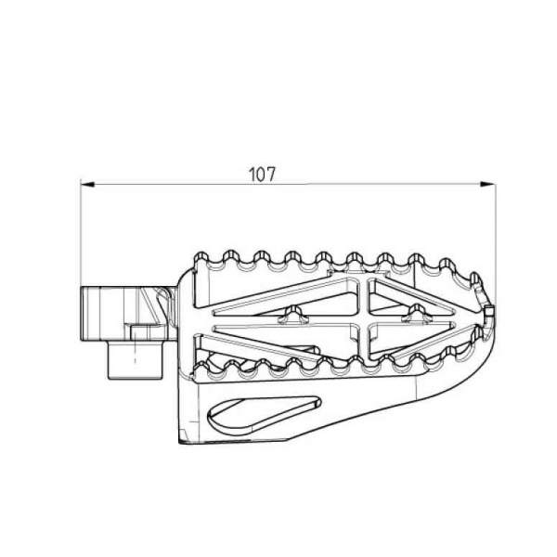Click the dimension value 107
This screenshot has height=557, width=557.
coord(262,175)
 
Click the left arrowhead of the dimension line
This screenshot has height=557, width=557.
coord(87,184)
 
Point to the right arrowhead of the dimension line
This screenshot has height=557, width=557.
coord(487,184)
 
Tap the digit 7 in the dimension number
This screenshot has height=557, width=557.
coord(270,175)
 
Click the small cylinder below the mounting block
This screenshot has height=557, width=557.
coord(135,359)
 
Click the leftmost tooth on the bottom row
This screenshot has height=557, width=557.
coord(201,369)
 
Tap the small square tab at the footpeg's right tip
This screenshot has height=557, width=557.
coord(489,312)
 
